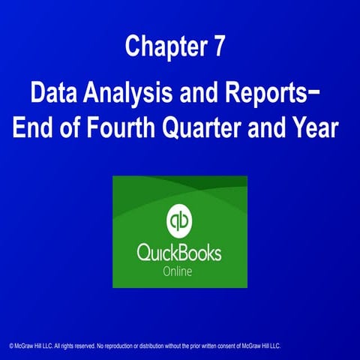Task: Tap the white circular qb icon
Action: [x=179, y=220]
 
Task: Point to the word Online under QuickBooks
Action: [x=180, y=271]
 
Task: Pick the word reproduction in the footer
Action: [x=116, y=346]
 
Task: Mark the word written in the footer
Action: [x=209, y=346]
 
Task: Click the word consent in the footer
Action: [x=231, y=346]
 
